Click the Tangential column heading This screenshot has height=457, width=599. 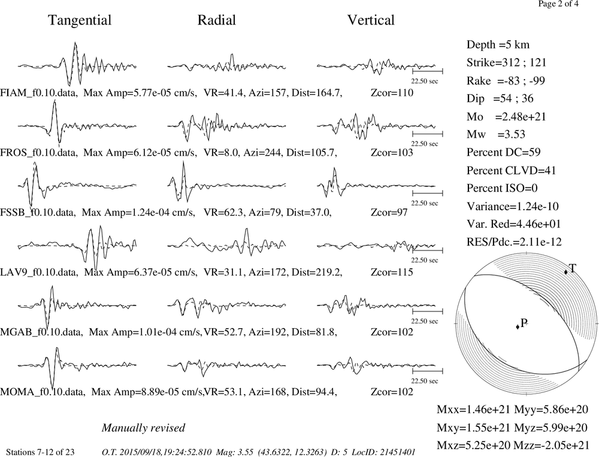[80, 20]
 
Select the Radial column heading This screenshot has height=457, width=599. [217, 20]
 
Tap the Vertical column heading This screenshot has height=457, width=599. [371, 20]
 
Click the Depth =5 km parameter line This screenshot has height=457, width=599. [498, 45]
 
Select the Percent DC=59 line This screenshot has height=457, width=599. [504, 152]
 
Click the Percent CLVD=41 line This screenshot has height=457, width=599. [511, 170]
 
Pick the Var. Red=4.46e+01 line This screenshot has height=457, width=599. [513, 223]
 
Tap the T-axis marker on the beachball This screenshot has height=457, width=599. [566, 272]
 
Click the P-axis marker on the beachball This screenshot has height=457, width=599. [518, 326]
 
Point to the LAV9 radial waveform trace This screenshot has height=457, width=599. [226, 243]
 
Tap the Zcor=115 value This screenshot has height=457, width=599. [392, 272]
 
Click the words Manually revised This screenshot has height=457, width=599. [143, 428]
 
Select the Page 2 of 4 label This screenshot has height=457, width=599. [558, 4]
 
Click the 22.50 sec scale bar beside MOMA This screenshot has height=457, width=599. [428, 371]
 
